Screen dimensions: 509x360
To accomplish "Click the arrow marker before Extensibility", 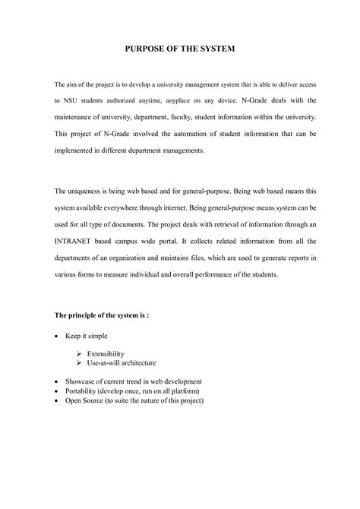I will [80, 354].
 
